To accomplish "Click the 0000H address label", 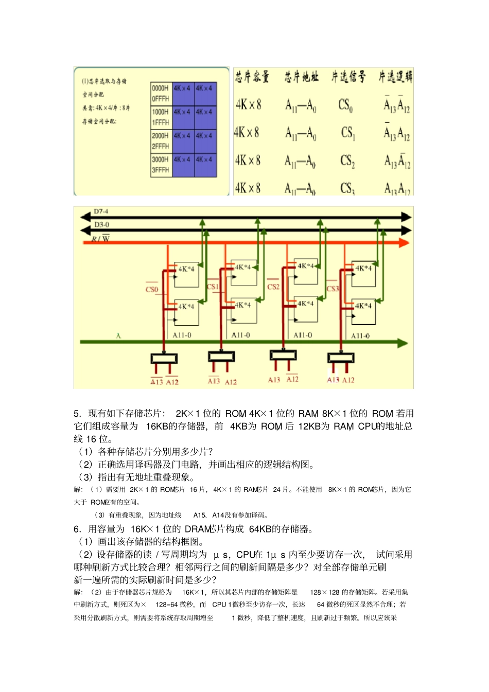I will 160,88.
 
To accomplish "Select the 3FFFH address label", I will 160,170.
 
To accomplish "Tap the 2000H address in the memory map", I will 160,136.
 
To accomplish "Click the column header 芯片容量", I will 252,77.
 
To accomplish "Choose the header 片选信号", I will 348,77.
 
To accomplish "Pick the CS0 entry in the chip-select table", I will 345,105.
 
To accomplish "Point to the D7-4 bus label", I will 101,211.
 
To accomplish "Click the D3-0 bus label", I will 101,225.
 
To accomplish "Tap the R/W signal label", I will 101,239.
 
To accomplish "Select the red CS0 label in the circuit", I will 151,289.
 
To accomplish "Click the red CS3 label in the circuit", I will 333,289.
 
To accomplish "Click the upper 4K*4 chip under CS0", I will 186,274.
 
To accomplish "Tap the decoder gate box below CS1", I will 221,357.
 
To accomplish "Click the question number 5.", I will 77,414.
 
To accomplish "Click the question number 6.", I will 77,529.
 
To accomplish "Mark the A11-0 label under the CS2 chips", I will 303,335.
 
